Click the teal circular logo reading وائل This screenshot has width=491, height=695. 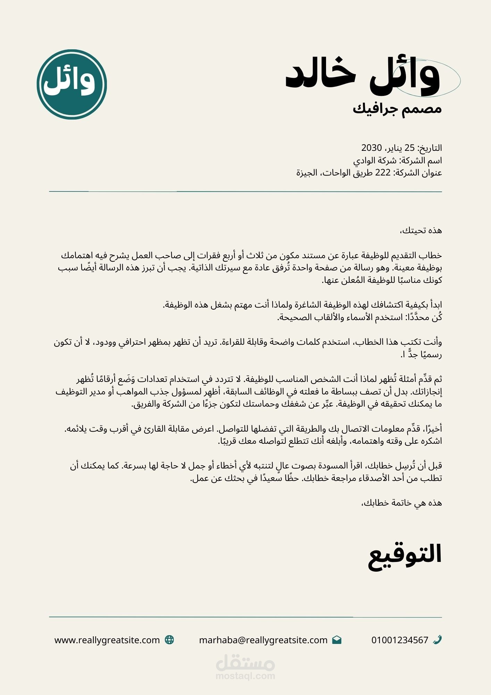pyautogui.click(x=72, y=84)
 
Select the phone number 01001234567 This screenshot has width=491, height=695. pyautogui.click(x=400, y=640)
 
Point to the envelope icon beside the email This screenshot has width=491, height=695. pyautogui.click(x=336, y=640)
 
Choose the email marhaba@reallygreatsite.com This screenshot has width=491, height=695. pyautogui.click(x=263, y=640)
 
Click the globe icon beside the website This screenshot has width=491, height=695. pyautogui.click(x=169, y=640)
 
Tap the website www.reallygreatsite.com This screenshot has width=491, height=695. pyautogui.click(x=107, y=640)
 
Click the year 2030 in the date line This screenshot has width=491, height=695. pyautogui.click(x=372, y=148)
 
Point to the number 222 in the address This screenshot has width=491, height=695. pyautogui.click(x=383, y=173)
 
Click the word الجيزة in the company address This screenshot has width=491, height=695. pyautogui.click(x=307, y=173)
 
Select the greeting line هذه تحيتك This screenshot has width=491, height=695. pyautogui.click(x=421, y=230)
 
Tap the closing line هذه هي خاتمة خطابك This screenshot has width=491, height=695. pyautogui.click(x=402, y=503)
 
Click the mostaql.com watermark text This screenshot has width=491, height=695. pyautogui.click(x=245, y=676)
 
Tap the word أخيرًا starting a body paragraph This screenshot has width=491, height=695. pyautogui.click(x=432, y=429)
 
